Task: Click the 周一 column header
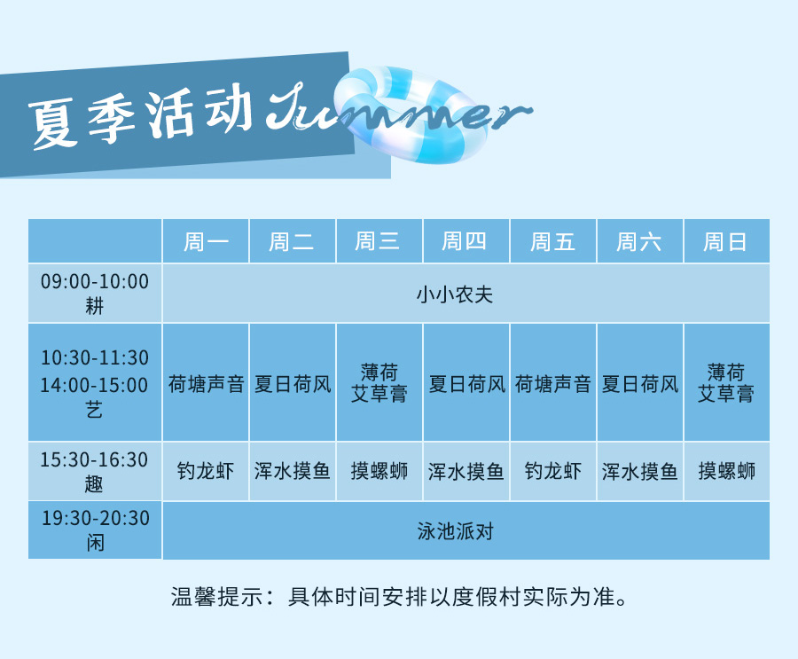pos(206,241)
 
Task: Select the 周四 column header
pos(464,241)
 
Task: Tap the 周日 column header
pos(725,242)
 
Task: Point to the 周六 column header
pos(638,242)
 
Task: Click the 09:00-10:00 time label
pos(95,281)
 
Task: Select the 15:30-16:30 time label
pos(94,459)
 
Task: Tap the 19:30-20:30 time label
pos(95,518)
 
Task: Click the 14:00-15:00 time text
pos(94,385)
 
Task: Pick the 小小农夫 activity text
pos(455,294)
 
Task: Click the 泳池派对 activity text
pos(456,531)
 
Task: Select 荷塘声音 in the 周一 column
pos(206,384)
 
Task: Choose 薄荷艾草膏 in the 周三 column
pos(379,383)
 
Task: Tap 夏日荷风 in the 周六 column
pos(639,384)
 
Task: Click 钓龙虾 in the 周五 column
pos(553,471)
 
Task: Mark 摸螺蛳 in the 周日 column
pos(727,471)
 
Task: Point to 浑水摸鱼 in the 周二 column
pos(293,471)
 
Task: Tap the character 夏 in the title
pos(52,124)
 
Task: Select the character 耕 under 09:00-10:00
pos(95,306)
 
